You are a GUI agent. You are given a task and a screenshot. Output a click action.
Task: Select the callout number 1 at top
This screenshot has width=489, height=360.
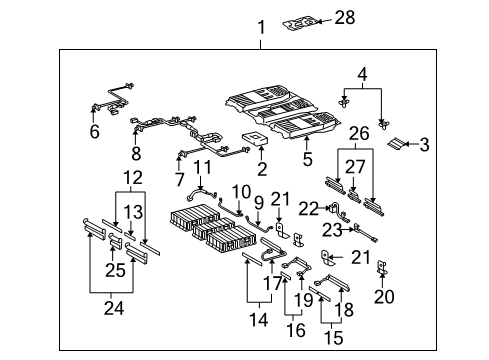(x=262, y=29)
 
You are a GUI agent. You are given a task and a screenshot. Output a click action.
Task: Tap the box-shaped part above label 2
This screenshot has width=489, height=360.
(x=254, y=137)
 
